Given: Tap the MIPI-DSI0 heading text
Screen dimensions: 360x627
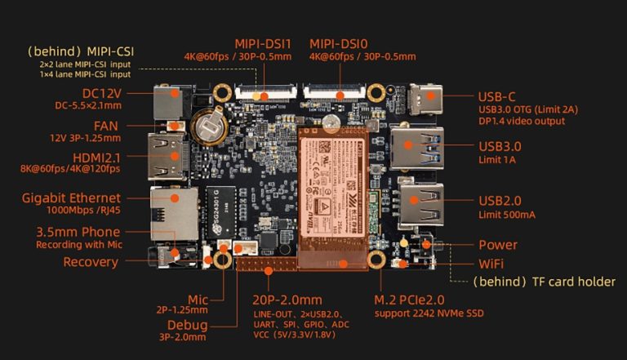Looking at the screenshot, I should point(342,42).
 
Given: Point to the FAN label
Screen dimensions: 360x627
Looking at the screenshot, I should point(107,126).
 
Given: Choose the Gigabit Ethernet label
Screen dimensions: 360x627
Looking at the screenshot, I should point(73,198).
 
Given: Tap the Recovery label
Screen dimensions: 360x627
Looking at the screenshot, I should point(91,262).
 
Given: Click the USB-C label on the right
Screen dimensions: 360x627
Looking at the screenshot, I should point(500,96).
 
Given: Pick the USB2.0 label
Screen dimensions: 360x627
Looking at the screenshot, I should point(500,201).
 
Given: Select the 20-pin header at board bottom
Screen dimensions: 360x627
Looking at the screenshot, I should point(265,264).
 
